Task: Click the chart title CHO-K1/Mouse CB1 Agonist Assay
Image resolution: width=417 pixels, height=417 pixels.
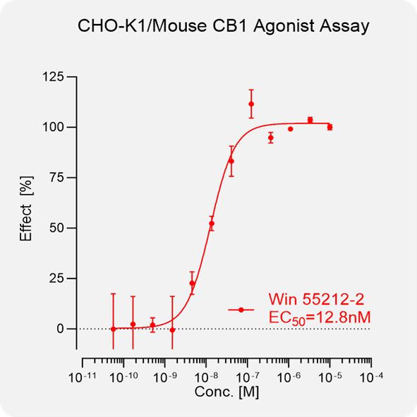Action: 224,27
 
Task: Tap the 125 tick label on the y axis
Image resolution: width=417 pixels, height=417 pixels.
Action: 53,77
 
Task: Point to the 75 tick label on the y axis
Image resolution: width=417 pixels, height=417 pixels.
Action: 56,178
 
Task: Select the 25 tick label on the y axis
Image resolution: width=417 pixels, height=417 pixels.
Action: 56,279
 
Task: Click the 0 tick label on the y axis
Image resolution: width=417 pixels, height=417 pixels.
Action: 61,329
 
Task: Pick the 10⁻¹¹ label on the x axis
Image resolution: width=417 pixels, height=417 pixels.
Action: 82,377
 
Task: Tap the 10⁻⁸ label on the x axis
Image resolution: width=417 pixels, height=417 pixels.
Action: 206,377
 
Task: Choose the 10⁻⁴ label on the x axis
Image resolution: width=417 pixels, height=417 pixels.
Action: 371,377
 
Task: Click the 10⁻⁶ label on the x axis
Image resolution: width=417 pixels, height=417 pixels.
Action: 289,377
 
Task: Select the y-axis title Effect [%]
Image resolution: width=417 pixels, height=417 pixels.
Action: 26,209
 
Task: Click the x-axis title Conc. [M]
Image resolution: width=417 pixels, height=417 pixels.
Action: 226,392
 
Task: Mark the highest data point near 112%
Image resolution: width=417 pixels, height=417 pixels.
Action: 251,104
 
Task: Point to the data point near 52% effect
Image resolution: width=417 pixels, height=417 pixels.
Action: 212,224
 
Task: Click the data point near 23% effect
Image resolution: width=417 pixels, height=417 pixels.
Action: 192,283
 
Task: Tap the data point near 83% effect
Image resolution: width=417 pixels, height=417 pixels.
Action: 231,161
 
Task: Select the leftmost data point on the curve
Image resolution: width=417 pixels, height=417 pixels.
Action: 114,329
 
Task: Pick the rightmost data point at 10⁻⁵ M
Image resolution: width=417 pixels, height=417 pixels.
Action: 330,128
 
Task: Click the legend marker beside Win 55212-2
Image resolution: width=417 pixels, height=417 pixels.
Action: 241,310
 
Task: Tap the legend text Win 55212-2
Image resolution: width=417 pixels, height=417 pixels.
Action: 316,299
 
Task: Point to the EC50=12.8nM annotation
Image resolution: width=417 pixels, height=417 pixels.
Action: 320,318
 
